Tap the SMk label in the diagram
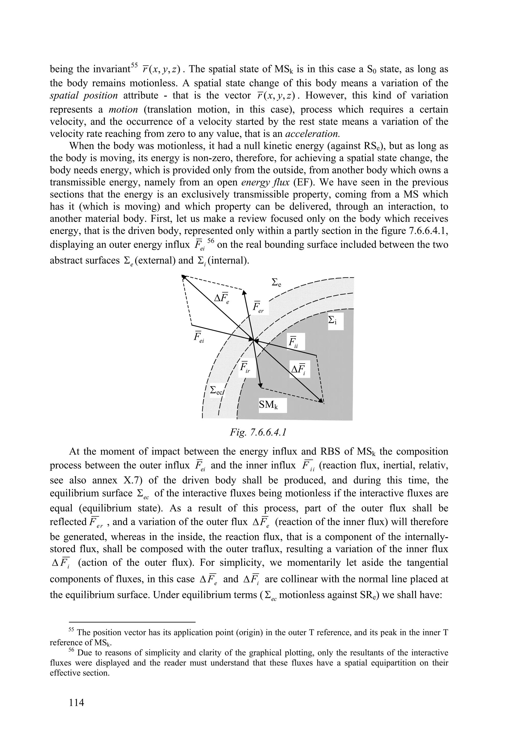click(268, 405)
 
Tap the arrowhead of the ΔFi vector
click(321, 401)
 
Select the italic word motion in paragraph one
click(123, 110)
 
